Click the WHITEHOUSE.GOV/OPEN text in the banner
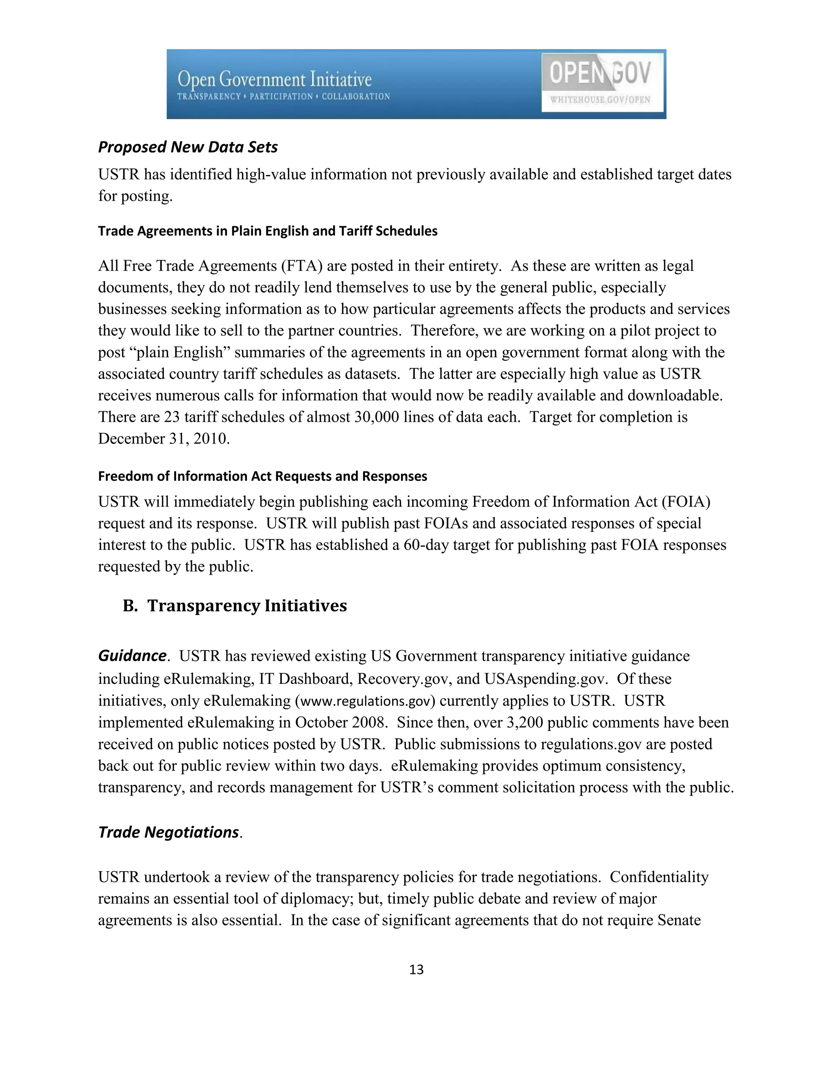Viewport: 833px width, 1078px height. point(600,100)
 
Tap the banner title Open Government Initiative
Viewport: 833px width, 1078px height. point(275,79)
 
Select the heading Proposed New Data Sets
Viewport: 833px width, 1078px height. point(188,147)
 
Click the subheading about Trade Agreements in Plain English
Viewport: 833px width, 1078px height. point(268,231)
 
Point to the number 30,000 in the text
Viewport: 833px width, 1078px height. point(376,417)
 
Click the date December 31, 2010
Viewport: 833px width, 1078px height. point(164,439)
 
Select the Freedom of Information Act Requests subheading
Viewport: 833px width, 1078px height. point(262,476)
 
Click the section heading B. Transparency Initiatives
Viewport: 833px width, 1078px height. point(235,606)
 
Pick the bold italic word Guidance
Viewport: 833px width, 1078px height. point(132,656)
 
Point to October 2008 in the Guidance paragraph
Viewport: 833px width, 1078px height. point(340,722)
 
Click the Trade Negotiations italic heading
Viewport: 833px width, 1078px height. point(169,832)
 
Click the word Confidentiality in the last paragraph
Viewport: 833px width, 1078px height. point(659,877)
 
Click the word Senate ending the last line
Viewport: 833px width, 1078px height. point(679,921)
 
